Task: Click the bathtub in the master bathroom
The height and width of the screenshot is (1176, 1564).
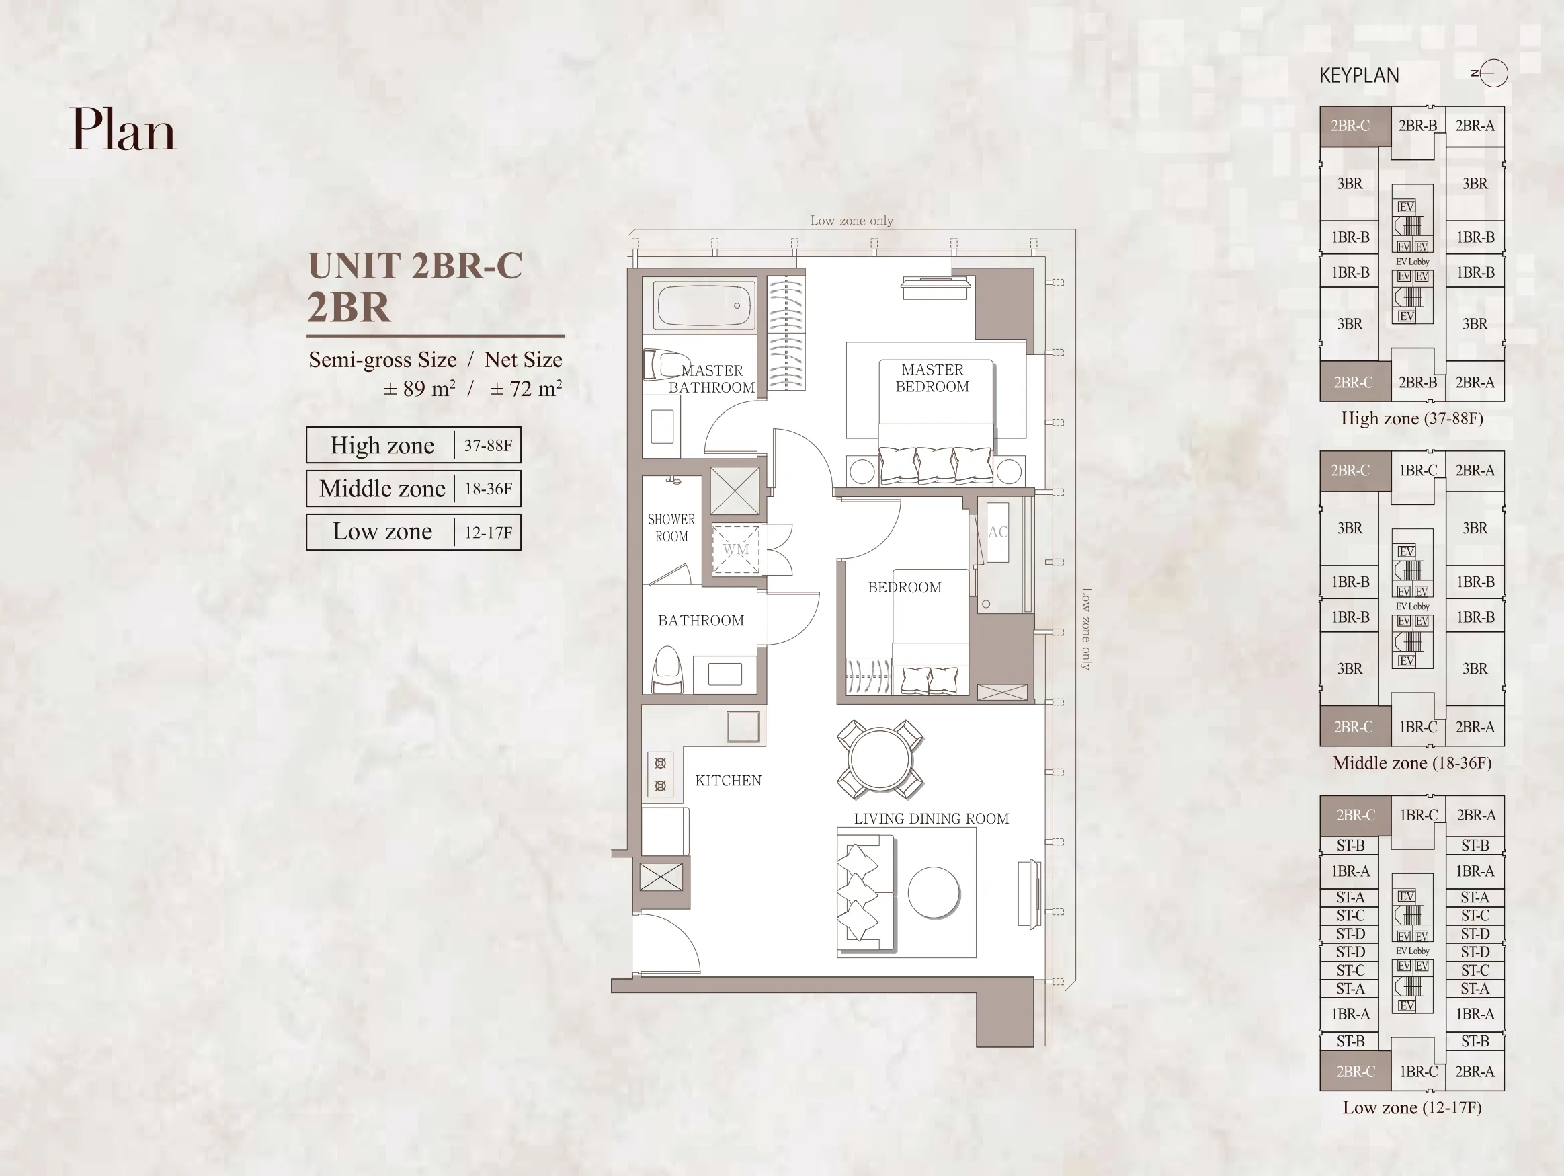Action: point(704,305)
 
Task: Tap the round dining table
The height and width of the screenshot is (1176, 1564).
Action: point(880,758)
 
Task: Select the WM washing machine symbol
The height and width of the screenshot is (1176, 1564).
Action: point(735,549)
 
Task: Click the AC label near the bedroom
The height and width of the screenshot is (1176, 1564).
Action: point(997,533)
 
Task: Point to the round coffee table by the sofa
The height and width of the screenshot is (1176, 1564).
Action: point(934,892)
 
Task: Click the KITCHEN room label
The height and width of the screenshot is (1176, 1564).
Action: point(727,781)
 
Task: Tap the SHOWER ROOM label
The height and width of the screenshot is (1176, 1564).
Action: point(671,528)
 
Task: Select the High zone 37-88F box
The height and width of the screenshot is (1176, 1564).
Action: point(413,445)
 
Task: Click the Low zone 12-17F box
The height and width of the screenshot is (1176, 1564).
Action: point(413,532)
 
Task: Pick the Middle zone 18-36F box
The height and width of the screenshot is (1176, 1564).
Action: point(413,489)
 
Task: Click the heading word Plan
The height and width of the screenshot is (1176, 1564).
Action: point(122,130)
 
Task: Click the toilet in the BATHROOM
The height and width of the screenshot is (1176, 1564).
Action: point(667,670)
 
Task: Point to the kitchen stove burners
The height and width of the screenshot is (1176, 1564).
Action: point(661,775)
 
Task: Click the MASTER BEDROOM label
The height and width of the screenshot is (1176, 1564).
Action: point(932,379)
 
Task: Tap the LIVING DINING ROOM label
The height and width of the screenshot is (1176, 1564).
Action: point(930,819)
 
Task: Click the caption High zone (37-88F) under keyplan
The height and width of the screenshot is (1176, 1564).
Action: point(1411,419)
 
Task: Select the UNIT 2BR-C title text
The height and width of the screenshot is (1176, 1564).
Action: point(415,266)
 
